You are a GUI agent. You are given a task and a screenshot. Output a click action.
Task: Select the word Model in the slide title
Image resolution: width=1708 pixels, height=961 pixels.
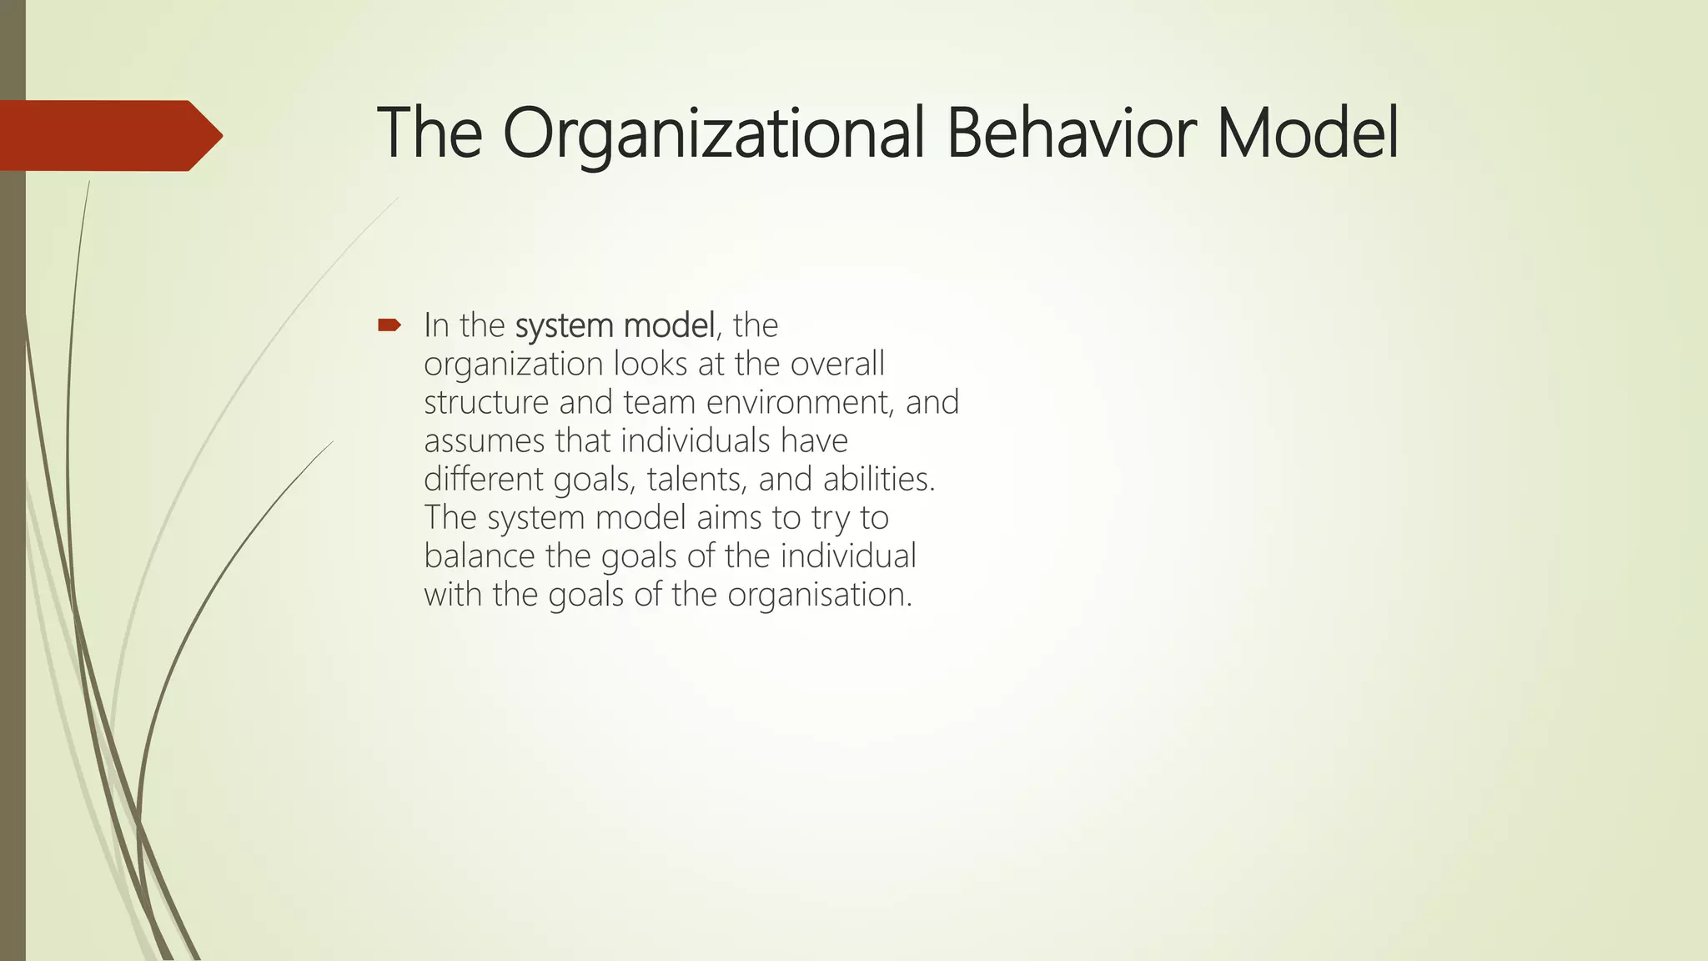[1308, 134]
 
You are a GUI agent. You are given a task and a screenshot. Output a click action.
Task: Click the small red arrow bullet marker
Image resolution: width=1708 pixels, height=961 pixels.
[389, 325]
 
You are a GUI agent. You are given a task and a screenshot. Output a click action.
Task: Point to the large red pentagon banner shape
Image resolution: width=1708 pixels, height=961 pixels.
[108, 136]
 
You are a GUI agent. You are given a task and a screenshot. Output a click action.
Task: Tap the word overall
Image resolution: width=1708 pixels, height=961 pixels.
[837, 365]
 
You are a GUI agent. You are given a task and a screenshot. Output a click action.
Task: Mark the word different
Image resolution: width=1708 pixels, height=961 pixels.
[484, 480]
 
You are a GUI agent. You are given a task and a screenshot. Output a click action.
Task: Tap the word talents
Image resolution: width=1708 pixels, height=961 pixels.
[697, 480]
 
